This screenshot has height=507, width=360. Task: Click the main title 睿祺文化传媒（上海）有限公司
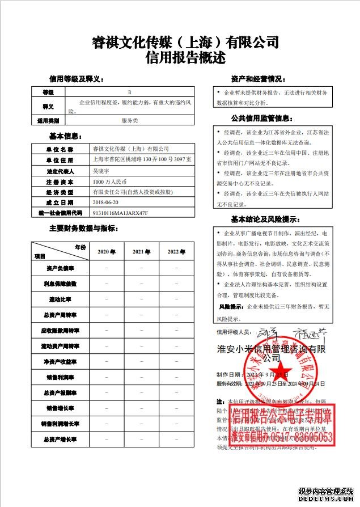[x=185, y=43]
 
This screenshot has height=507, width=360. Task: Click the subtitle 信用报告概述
[x=185, y=58]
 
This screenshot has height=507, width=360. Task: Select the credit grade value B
[x=130, y=92]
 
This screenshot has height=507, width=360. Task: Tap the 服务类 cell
[x=130, y=121]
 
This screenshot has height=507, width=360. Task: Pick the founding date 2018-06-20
[x=105, y=202]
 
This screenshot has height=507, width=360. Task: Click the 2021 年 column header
[x=141, y=251]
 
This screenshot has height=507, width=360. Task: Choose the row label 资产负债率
[x=60, y=268]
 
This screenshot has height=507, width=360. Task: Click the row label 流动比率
[x=60, y=299]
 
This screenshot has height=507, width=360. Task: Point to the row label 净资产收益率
[x=60, y=361]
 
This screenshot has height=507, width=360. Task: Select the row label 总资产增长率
[x=60, y=439]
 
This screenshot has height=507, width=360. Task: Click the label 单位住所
[x=60, y=160]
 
